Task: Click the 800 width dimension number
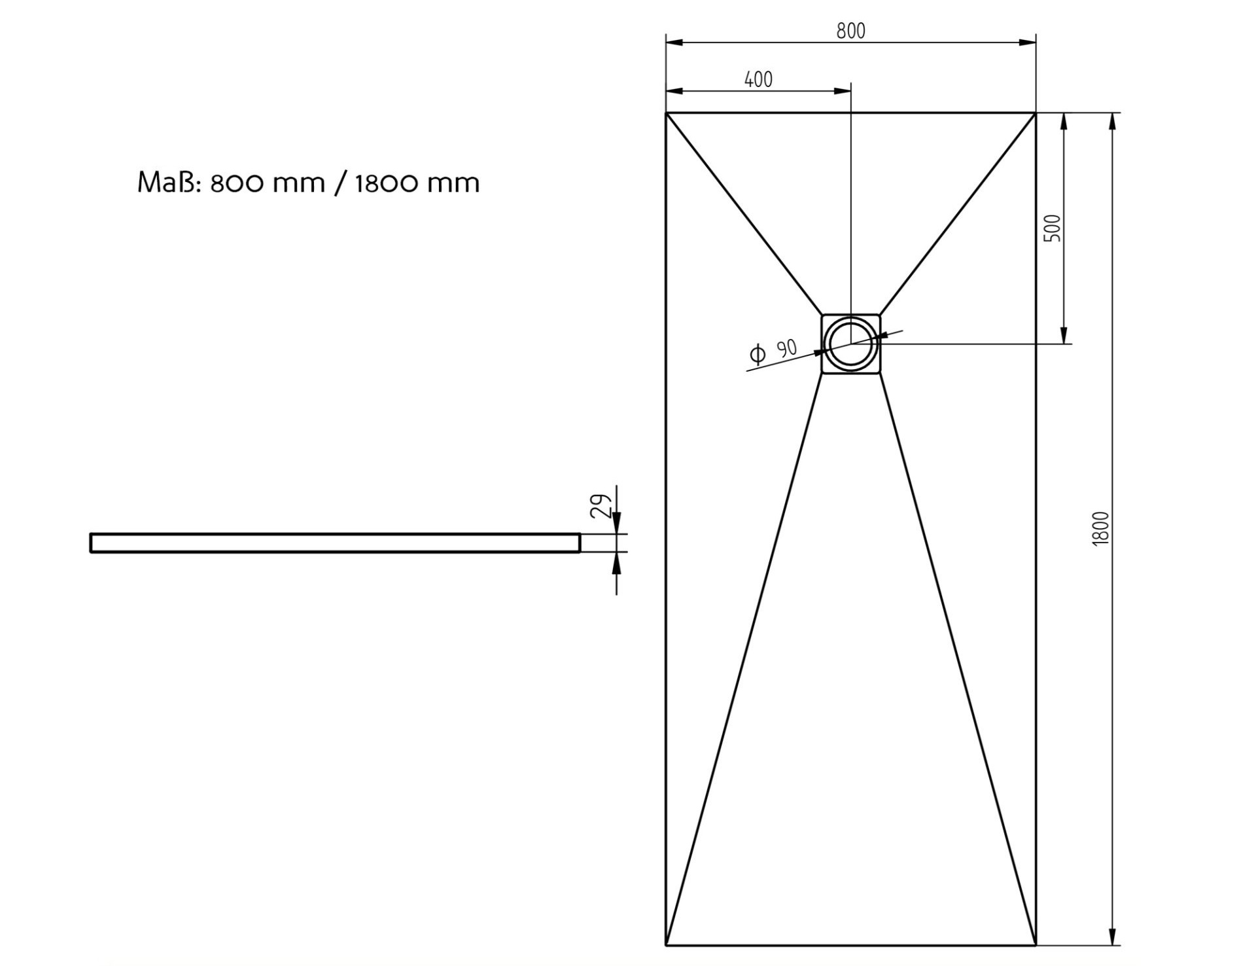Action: tap(850, 31)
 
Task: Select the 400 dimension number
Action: tap(758, 79)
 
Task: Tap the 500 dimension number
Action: tap(1053, 228)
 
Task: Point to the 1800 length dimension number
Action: tap(1101, 528)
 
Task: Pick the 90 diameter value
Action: tap(787, 348)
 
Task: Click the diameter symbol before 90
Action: tap(758, 355)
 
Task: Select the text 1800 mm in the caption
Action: tap(417, 183)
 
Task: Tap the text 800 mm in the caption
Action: tap(268, 183)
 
